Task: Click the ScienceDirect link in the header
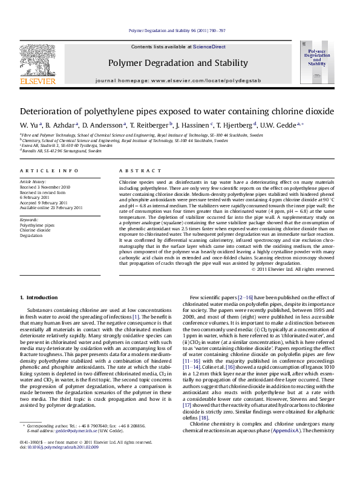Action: pyautogui.click(x=209, y=47)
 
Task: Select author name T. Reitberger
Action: pyautogui.click(x=148, y=125)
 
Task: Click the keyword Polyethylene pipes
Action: pyautogui.click(x=37, y=225)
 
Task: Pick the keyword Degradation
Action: pyautogui.click(x=31, y=235)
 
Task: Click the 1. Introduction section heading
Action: pyautogui.click(x=39, y=297)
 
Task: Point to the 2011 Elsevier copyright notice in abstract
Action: pyautogui.click(x=292, y=270)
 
